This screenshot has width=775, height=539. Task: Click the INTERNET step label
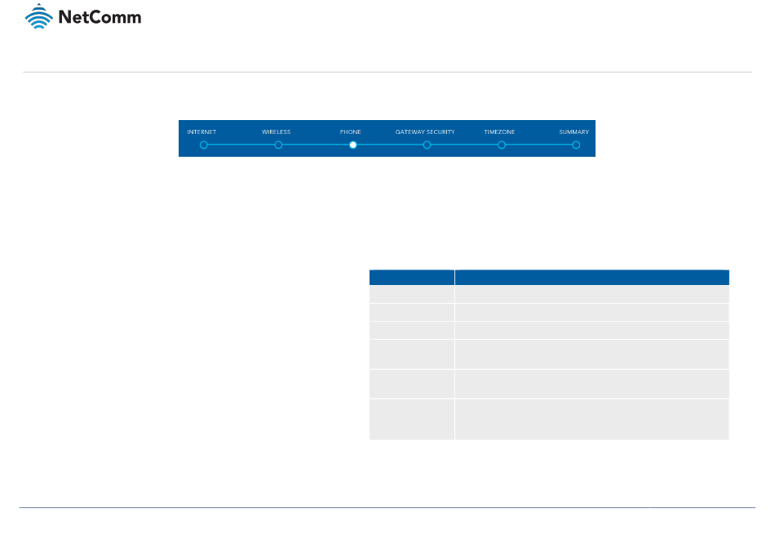[201, 131]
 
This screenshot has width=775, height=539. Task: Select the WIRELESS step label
[276, 131]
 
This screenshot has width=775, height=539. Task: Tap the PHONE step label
[351, 131]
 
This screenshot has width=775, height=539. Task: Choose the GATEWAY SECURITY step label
[425, 131]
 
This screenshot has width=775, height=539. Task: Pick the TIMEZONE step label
[499, 131]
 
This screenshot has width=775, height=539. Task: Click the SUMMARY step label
[573, 131]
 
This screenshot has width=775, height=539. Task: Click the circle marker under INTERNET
[204, 145]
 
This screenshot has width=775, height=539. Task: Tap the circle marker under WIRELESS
[278, 145]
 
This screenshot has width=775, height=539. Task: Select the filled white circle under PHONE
[352, 145]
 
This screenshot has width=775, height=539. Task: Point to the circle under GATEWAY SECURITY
[427, 145]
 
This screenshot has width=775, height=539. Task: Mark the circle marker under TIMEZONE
[502, 145]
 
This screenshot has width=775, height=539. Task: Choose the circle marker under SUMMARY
[576, 145]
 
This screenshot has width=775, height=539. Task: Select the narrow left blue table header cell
[412, 276]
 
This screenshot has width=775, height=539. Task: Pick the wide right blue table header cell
[591, 276]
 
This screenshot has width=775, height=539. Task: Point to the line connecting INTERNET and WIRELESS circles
[241, 145]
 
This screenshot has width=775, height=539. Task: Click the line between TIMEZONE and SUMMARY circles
[538, 145]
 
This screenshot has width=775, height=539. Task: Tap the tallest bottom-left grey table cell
[412, 419]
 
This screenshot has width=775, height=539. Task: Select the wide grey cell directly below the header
[591, 294]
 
